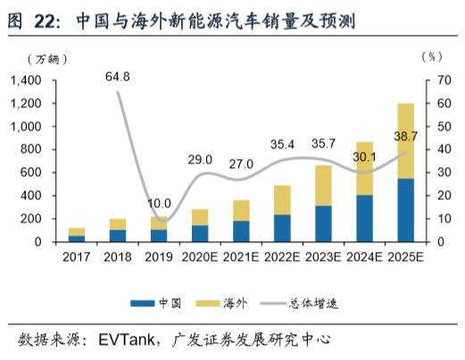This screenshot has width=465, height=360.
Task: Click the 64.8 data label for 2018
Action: tap(117, 77)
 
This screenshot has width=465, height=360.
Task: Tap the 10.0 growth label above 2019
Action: tap(160, 203)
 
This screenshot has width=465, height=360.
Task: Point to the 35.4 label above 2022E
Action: tap(282, 144)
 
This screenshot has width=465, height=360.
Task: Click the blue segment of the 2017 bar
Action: tap(77, 239)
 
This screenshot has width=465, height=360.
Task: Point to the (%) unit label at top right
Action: tap(430, 56)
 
